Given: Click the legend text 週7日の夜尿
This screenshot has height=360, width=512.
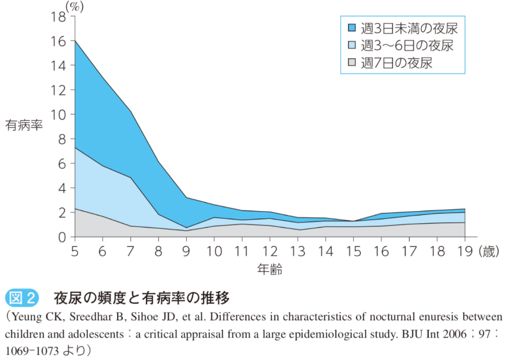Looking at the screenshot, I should point(397,63).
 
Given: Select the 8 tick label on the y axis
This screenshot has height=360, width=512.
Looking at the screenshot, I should point(62,139).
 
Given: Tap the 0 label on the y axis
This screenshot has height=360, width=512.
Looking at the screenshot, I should point(62,237).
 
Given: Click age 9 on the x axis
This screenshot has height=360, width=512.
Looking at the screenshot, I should point(186,251).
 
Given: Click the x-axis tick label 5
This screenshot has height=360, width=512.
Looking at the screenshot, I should point(76,251).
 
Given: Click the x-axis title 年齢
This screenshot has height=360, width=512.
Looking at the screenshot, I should point(271,270).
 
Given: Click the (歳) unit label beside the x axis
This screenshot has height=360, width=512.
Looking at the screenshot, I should point(491,251).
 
